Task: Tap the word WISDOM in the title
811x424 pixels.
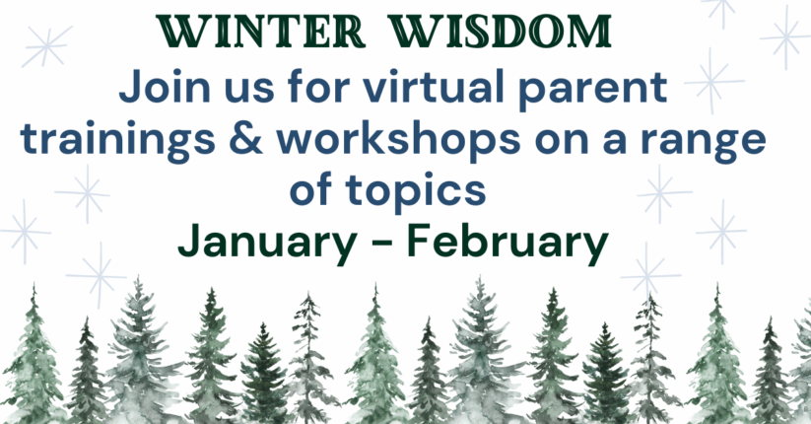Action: tap(511, 33)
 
